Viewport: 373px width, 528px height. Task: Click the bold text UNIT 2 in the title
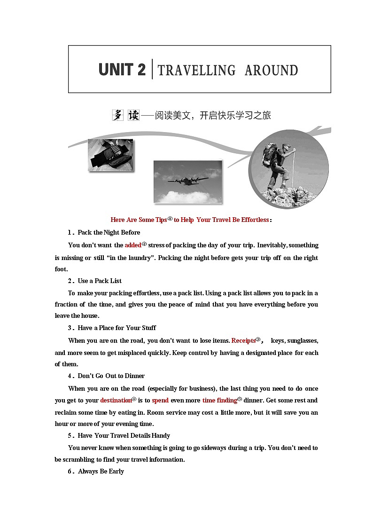pyautogui.click(x=122, y=70)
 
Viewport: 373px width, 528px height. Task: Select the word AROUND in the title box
pyautogui.click(x=271, y=71)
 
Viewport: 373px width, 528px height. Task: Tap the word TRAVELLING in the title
pyautogui.click(x=196, y=71)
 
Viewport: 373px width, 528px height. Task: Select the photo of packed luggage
pyautogui.click(x=110, y=155)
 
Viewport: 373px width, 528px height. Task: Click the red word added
pyautogui.click(x=133, y=245)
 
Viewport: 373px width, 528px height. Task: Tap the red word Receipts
pyautogui.click(x=243, y=340)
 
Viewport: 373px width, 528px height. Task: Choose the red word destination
pyautogui.click(x=116, y=401)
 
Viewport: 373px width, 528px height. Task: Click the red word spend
pyautogui.click(x=160, y=401)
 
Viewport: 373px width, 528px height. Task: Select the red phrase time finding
pyautogui.click(x=219, y=401)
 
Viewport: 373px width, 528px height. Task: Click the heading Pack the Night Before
pyautogui.click(x=109, y=232)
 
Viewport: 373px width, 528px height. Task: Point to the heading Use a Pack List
pyautogui.click(x=100, y=281)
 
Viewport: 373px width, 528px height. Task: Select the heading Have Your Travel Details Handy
pyautogui.click(x=124, y=435)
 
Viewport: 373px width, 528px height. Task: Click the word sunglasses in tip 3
pyautogui.click(x=303, y=340)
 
